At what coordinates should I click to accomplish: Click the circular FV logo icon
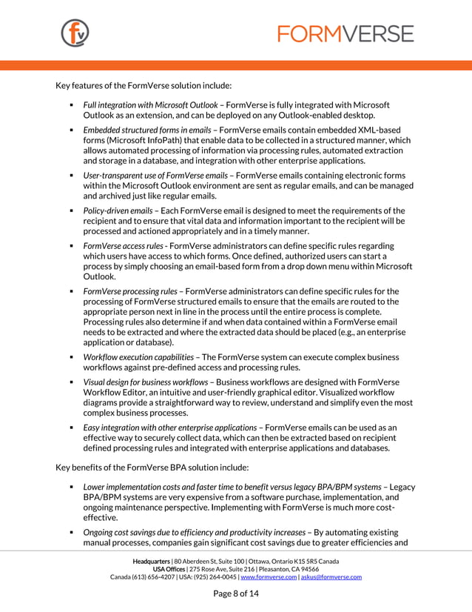pyautogui.click(x=75, y=33)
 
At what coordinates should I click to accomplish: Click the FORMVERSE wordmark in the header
pyautogui.click(x=345, y=33)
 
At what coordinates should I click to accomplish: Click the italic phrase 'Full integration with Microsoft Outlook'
pyautogui.click(x=150, y=105)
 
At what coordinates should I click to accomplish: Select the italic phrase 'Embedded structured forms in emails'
pyautogui.click(x=146, y=130)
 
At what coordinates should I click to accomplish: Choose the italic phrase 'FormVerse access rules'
pyautogui.click(x=123, y=245)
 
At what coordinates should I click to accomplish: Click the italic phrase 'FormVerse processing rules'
pyautogui.click(x=130, y=291)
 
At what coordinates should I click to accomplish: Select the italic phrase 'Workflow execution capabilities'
pyautogui.click(x=138, y=357)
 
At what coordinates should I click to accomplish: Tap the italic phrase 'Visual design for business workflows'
pyautogui.click(x=145, y=382)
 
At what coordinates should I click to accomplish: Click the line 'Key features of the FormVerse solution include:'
pyautogui.click(x=144, y=85)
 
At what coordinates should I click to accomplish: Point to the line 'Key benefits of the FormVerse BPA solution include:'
pyautogui.click(x=152, y=468)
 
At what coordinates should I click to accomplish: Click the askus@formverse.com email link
pyautogui.click(x=331, y=577)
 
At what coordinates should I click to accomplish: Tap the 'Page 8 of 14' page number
pyautogui.click(x=236, y=594)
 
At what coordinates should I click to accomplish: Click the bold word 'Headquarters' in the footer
pyautogui.click(x=152, y=561)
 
